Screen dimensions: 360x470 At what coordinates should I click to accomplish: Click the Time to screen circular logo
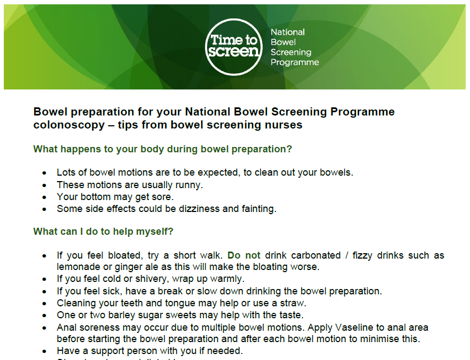click(x=234, y=47)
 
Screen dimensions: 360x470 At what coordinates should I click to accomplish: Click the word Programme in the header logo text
click(x=294, y=62)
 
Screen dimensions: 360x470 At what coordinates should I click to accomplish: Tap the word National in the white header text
click(x=287, y=32)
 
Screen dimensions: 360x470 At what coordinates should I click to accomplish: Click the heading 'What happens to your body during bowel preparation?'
click(x=163, y=149)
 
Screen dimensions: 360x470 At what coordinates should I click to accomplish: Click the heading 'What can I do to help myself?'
click(x=103, y=232)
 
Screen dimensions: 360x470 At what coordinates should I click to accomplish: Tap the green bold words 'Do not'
click(x=244, y=255)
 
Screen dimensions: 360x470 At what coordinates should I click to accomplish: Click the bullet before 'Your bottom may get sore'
click(x=44, y=197)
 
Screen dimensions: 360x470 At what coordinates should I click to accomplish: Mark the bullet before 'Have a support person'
click(x=44, y=351)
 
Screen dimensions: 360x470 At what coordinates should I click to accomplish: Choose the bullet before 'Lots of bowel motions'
click(x=44, y=173)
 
